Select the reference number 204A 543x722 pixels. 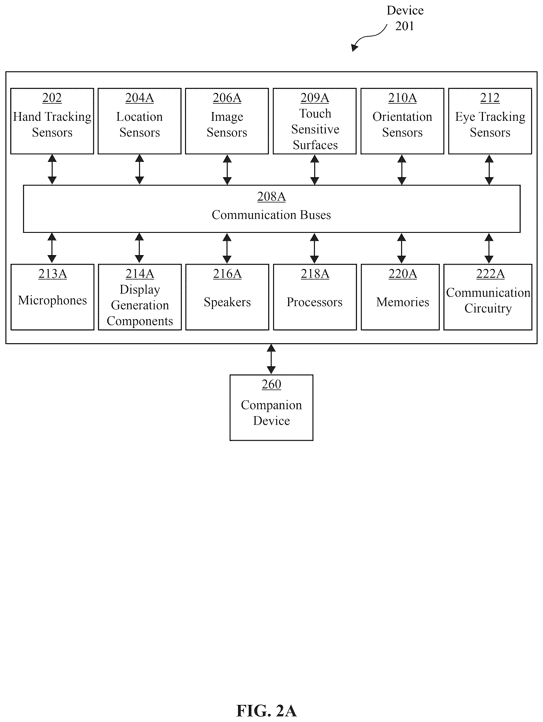[139, 98]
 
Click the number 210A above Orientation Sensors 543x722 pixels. [402, 98]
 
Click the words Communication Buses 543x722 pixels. [271, 215]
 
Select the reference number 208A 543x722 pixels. [271, 196]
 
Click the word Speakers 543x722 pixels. [227, 302]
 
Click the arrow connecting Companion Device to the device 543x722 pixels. [271, 359]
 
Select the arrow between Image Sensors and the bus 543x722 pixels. [227, 170]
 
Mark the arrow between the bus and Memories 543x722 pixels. [402, 248]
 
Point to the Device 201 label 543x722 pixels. [405, 18]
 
